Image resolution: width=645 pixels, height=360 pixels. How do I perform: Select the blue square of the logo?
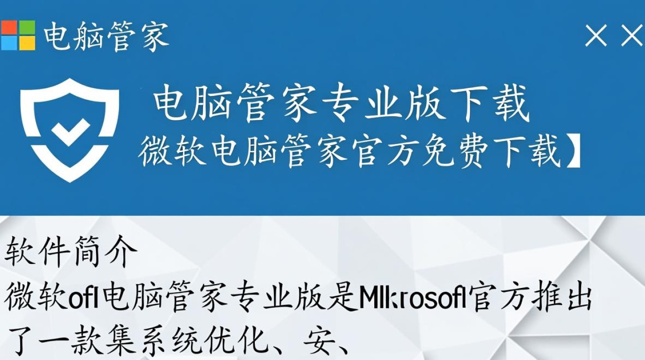point(9,43)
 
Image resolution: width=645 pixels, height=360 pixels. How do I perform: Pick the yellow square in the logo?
point(27,43)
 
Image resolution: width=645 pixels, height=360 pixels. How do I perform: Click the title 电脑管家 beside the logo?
point(107,36)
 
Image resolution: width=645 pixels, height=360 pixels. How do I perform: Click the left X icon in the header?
point(596,36)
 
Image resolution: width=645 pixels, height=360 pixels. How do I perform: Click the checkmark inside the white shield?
point(70,130)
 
